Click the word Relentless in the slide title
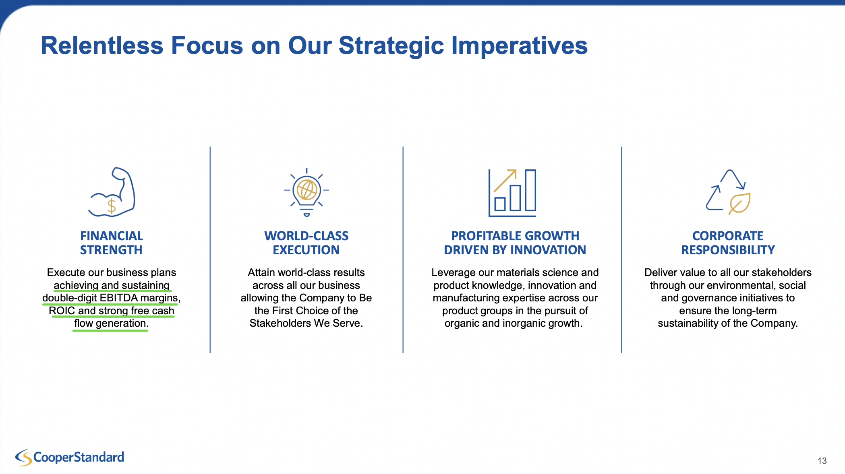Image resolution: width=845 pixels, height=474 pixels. pyautogui.click(x=102, y=45)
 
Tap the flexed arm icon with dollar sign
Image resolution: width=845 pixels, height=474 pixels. pyautogui.click(x=112, y=192)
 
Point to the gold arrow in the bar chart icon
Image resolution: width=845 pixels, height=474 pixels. pyautogui.click(x=505, y=181)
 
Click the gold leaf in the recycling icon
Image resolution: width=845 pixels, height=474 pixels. pyautogui.click(x=739, y=204)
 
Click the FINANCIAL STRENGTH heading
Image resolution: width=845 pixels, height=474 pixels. pyautogui.click(x=112, y=243)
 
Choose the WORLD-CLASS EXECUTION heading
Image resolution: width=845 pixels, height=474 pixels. pyautogui.click(x=307, y=243)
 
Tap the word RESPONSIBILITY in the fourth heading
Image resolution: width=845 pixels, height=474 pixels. pyautogui.click(x=728, y=250)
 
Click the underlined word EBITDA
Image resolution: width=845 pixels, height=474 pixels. pyautogui.click(x=118, y=298)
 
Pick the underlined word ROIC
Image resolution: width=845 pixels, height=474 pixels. pyautogui.click(x=62, y=311)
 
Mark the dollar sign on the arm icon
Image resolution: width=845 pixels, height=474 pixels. pyautogui.click(x=112, y=206)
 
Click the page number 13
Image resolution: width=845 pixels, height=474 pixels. pyautogui.click(x=822, y=461)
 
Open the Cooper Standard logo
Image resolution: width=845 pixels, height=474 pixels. pyautogui.click(x=69, y=458)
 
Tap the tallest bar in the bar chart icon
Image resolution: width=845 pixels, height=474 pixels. pyautogui.click(x=530, y=190)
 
